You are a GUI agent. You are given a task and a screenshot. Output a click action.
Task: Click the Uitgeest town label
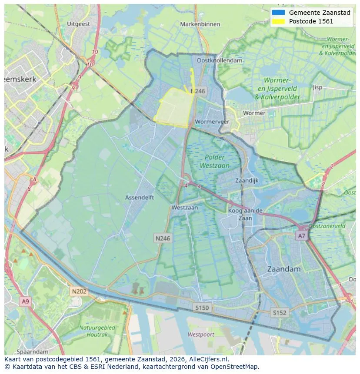[79, 24]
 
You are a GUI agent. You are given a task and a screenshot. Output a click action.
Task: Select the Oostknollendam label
[220, 60]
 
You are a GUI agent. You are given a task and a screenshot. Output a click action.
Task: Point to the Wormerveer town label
[212, 122]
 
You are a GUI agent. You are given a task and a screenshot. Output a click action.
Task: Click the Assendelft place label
[140, 197]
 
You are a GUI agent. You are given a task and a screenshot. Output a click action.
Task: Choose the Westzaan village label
[184, 208]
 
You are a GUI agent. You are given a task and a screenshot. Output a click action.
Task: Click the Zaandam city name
[283, 269]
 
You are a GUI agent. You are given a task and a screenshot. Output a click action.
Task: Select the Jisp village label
[317, 87]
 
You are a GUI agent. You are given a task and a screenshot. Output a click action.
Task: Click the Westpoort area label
[201, 334]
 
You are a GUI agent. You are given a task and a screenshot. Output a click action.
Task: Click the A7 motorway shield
[301, 235]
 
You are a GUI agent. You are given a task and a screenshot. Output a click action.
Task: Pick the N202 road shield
[79, 291]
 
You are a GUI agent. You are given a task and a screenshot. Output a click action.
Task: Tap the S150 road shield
[202, 308]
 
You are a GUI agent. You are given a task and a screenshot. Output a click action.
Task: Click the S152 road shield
[280, 312]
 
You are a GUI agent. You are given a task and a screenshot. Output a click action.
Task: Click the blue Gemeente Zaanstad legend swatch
[278, 13]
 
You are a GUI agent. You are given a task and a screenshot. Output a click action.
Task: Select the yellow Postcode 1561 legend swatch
[278, 21]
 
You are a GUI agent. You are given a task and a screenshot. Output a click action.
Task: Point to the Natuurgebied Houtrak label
[97, 331]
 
